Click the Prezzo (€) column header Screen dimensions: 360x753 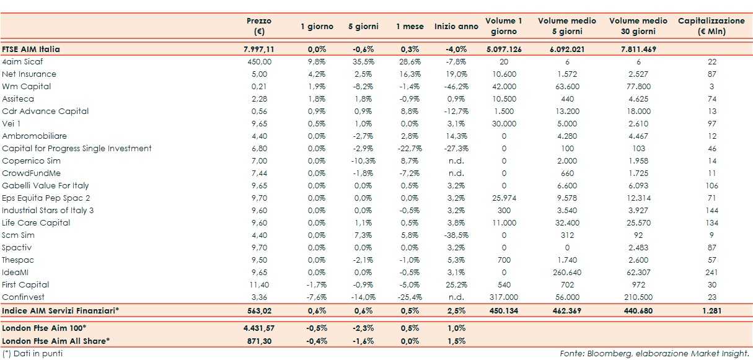tap(259, 26)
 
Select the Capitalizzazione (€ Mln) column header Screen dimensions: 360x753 tap(711, 26)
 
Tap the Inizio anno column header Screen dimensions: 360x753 tap(456, 27)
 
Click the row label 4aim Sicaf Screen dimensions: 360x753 tap(22, 62)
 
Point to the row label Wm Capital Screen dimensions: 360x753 tap(27, 87)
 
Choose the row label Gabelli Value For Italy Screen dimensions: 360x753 tap(45, 186)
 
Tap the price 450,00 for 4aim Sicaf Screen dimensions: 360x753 tap(259, 62)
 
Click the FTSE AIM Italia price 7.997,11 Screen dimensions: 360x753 tap(259, 49)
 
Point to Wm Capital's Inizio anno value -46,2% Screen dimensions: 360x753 tap(456, 87)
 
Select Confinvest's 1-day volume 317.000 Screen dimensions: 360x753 tap(503, 297)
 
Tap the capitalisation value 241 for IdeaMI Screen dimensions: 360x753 tap(711, 273)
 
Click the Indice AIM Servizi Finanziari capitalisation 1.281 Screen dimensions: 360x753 tap(711, 311)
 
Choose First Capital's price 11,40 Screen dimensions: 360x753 tap(259, 285)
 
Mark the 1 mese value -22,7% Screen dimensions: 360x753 tap(410, 149)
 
